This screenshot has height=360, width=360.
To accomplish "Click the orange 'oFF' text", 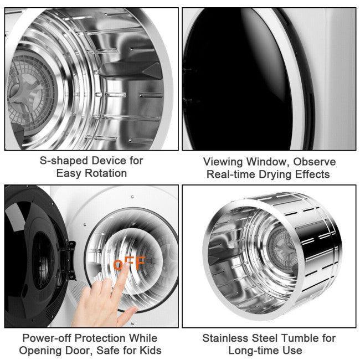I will point(129,264).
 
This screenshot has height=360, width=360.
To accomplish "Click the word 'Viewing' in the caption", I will point(224,162).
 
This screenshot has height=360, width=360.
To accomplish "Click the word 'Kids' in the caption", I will point(150,350).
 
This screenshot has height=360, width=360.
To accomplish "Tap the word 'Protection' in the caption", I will point(100,338).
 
